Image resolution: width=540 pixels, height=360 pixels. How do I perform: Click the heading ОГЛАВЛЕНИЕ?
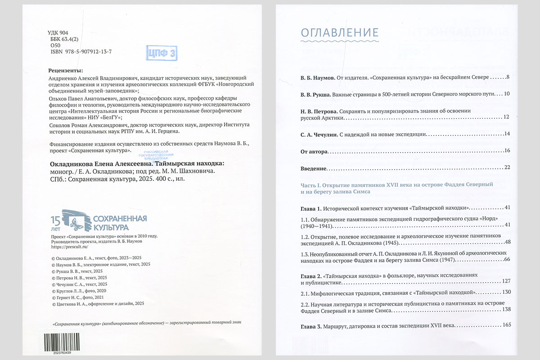click(339, 32)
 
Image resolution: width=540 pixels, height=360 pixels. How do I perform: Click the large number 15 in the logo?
click(55, 220)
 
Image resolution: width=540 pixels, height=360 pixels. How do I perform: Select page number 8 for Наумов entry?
click(508, 77)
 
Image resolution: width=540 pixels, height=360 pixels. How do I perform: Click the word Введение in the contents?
click(313, 168)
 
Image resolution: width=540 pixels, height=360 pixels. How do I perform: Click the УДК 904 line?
click(58, 33)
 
